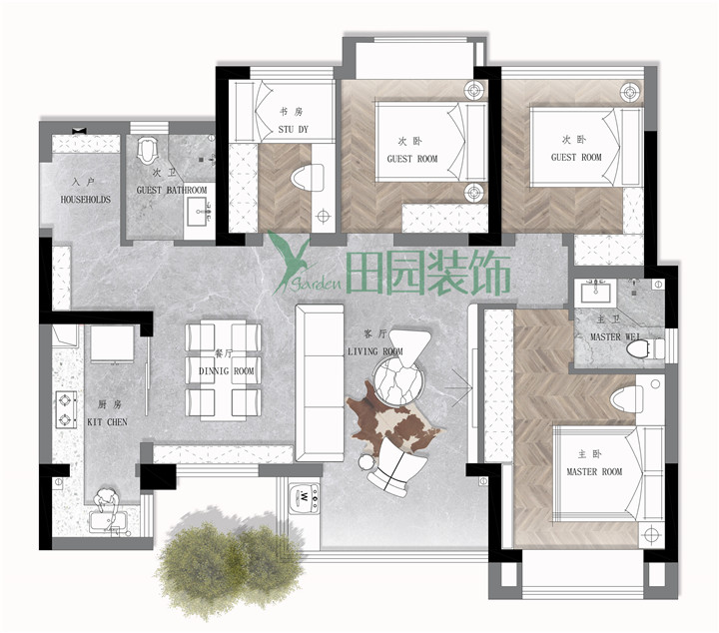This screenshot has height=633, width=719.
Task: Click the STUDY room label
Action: point(293,129)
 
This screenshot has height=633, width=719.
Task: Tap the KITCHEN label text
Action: point(107,421)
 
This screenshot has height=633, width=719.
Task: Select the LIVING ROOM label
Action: point(375,351)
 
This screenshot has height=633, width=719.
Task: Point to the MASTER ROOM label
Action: point(594,471)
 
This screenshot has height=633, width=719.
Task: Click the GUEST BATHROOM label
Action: point(172,190)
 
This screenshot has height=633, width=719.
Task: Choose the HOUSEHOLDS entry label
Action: point(86,200)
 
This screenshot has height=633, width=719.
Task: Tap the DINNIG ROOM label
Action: point(226,370)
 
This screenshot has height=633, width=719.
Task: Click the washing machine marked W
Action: point(305,496)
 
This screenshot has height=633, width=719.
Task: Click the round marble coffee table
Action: point(396,381)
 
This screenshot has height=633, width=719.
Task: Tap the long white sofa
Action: point(320,382)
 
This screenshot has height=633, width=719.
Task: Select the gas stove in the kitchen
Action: point(66,409)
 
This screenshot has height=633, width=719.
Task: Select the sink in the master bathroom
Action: point(595,293)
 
